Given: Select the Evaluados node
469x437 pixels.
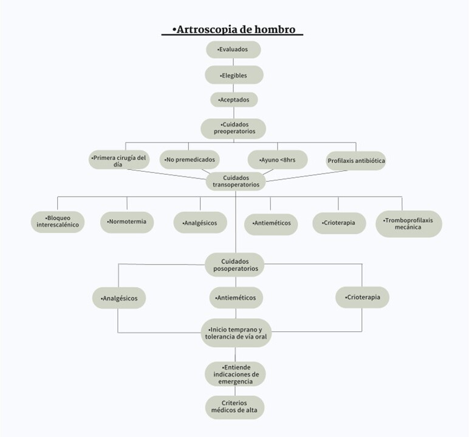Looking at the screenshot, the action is point(233,49).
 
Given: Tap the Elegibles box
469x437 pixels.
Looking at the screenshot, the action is point(234,75).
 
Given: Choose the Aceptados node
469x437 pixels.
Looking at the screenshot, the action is point(234,100).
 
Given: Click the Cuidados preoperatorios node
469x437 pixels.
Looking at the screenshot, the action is point(234,129).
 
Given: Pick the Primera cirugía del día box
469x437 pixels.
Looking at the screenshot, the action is point(119,160).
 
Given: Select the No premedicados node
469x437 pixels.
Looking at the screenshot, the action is point(190,160).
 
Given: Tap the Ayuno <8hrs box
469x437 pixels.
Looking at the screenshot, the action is point(278,160).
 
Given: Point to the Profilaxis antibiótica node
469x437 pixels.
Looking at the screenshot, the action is point(356,161).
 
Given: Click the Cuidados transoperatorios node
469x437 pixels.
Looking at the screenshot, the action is point(236,181).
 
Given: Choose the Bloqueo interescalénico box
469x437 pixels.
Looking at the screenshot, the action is point(58,222).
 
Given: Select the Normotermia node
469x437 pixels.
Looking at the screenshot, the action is point(127,222).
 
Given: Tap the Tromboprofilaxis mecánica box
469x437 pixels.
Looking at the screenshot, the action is point(409,224).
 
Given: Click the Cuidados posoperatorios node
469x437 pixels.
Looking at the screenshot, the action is point(235,265).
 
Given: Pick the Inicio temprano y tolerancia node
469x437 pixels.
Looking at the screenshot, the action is point(236,333).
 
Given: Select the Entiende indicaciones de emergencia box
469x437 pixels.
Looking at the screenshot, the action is point(235,374).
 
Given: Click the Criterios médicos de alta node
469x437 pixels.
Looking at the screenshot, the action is point(235,407).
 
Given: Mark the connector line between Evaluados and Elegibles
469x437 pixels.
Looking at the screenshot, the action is point(233,62).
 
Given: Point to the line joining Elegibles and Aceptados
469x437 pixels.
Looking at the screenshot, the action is point(234,88).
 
